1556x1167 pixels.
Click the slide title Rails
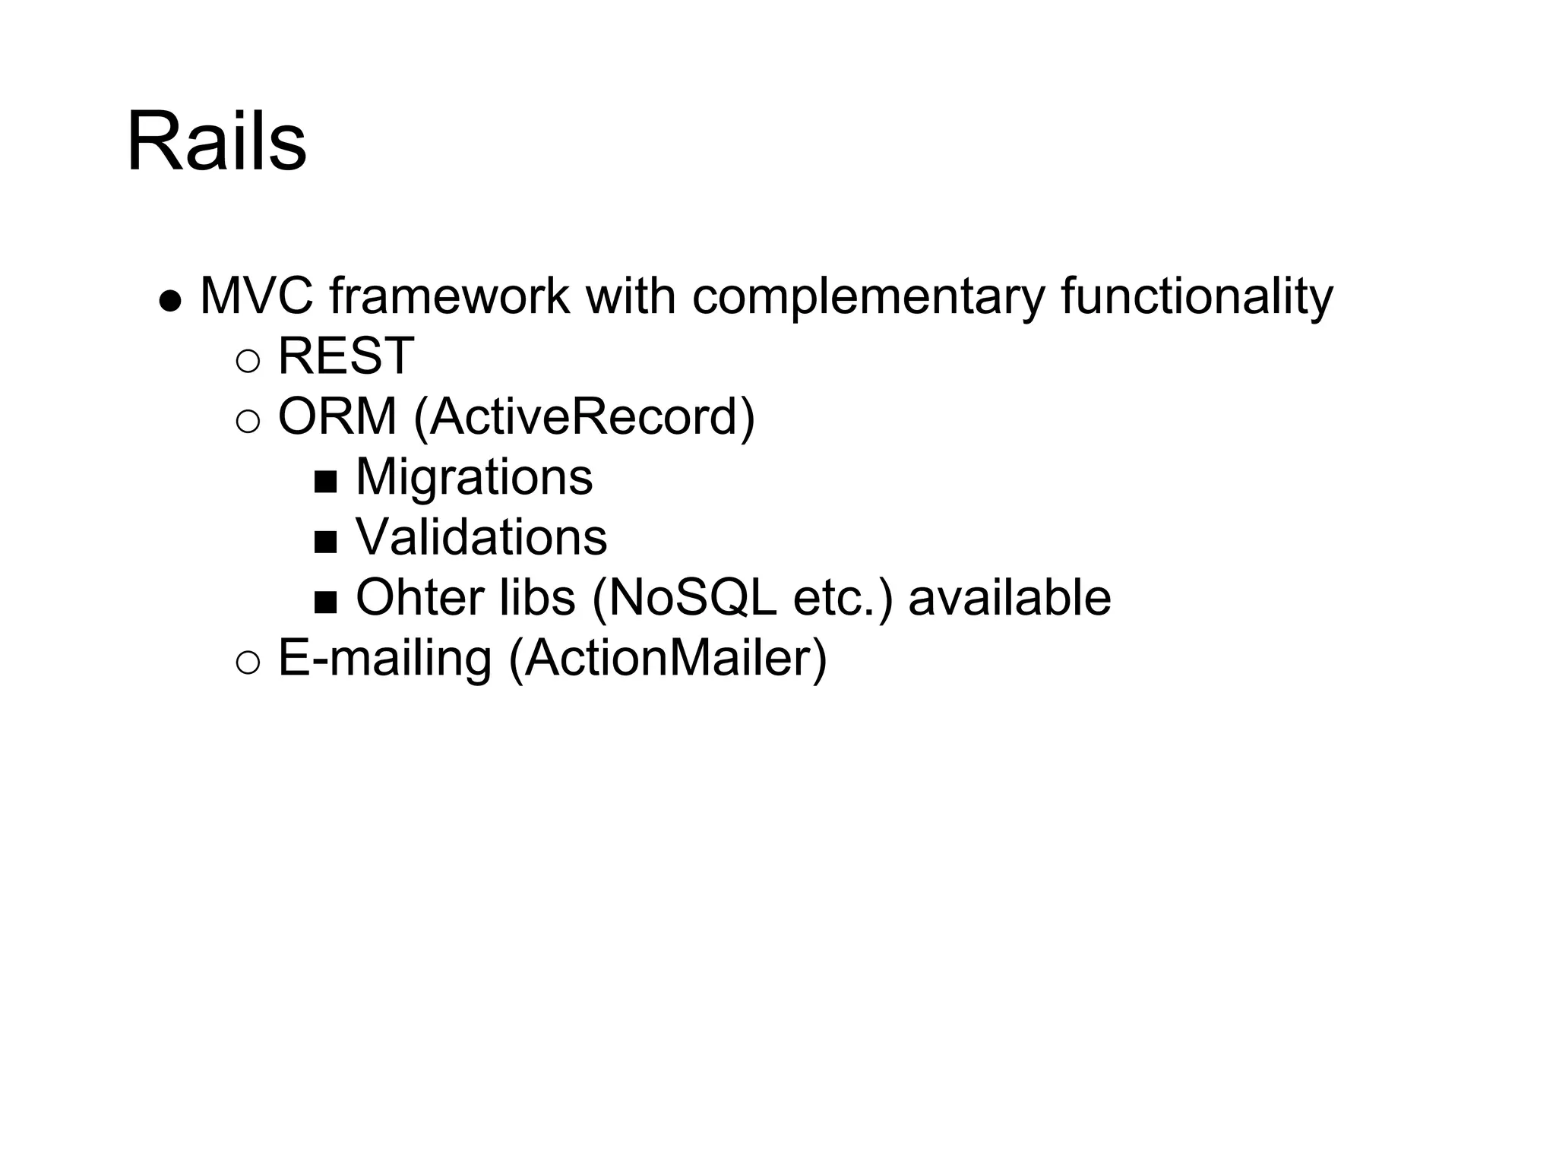(x=217, y=142)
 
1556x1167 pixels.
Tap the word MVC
(x=256, y=296)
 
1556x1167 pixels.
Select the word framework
(x=449, y=296)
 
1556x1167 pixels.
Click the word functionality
(x=1197, y=297)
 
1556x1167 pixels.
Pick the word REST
(x=346, y=356)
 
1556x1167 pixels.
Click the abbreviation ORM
(x=337, y=416)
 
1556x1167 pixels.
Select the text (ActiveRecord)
(x=584, y=418)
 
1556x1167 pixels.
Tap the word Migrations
(x=474, y=477)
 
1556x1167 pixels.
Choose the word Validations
(x=482, y=537)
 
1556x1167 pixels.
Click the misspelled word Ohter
(x=419, y=597)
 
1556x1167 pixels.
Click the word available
(x=1010, y=597)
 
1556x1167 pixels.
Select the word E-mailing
(x=385, y=658)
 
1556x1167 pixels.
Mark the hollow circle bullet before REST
(x=248, y=361)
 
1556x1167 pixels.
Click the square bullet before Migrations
(x=325, y=482)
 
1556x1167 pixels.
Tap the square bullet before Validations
(x=325, y=542)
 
